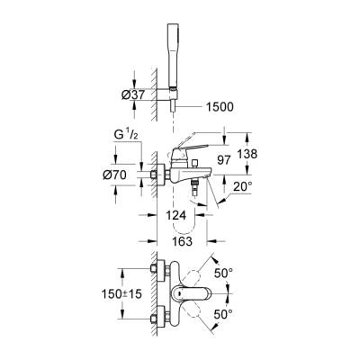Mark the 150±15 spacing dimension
pos(123,293)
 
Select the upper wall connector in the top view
pos(162,271)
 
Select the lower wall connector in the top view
pos(162,317)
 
